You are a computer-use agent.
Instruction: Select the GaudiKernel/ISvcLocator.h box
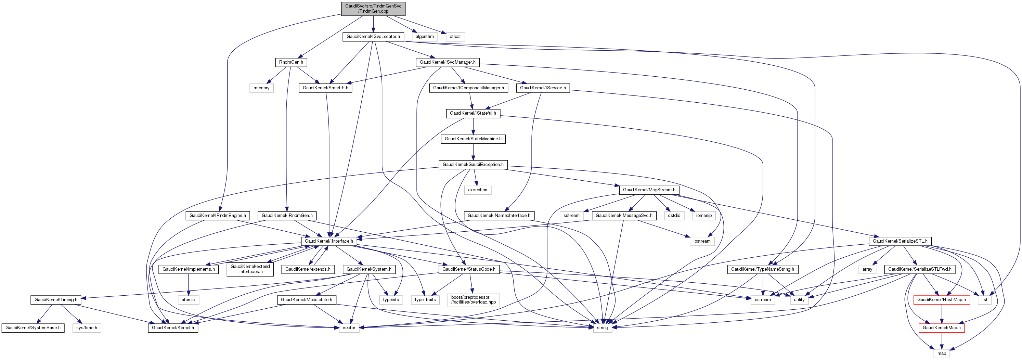pos(373,37)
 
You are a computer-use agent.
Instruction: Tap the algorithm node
pos(425,37)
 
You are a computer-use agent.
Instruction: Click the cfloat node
pos(455,37)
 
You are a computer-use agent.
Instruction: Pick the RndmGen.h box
pos(291,62)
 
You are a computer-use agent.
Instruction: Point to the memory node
pos(261,88)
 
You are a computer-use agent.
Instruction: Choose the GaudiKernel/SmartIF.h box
pos(325,88)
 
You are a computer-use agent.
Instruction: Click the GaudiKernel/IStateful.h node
pos(473,114)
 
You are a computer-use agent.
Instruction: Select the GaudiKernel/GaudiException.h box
pos(473,164)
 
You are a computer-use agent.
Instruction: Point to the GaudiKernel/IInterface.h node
pos(328,241)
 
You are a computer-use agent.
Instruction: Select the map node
pos(942,353)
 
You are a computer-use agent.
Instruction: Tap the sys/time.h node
pos(87,328)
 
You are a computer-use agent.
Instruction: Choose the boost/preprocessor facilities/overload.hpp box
pos(473,300)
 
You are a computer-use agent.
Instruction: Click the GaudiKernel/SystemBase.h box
pos(33,328)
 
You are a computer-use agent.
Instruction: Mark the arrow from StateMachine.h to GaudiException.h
pos(473,152)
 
